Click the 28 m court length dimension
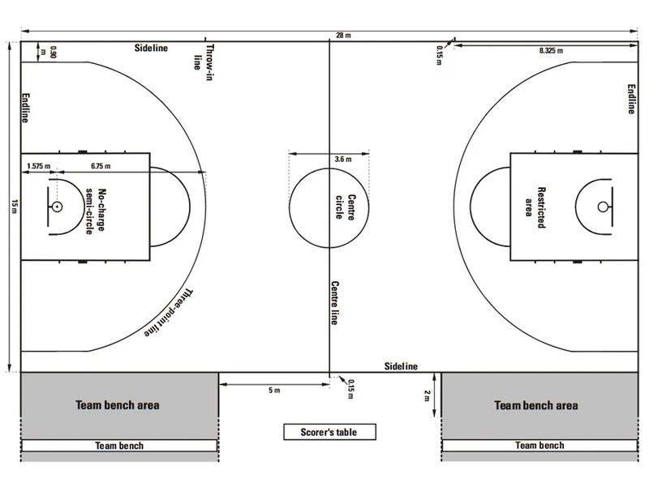(343, 36)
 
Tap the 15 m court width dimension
(14, 207)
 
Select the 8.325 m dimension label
(551, 50)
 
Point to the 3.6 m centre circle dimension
(343, 159)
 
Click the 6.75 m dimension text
(101, 166)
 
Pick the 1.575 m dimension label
(38, 166)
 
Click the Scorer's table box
(329, 432)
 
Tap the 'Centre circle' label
(346, 207)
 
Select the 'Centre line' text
(334, 303)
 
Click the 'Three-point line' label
(169, 313)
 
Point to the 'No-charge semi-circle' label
(96, 211)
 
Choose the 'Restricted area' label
(535, 207)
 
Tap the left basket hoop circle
(57, 207)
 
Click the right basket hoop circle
(603, 207)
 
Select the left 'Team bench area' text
(118, 404)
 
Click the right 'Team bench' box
(539, 445)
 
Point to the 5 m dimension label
(274, 391)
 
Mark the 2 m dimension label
(428, 396)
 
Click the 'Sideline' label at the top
(151, 48)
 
